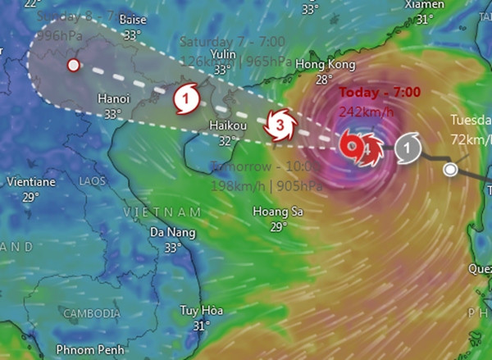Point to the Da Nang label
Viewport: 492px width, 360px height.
[x=172, y=232]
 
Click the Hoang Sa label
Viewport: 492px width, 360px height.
[x=280, y=212]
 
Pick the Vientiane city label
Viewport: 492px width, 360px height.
[x=30, y=182]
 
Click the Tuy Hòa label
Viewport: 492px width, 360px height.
[x=202, y=311]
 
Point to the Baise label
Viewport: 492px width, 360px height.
[x=132, y=19]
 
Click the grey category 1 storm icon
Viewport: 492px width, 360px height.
[x=408, y=148]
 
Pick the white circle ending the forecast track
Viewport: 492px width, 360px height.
[x=73, y=65]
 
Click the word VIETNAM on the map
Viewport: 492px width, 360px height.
[x=162, y=212]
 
